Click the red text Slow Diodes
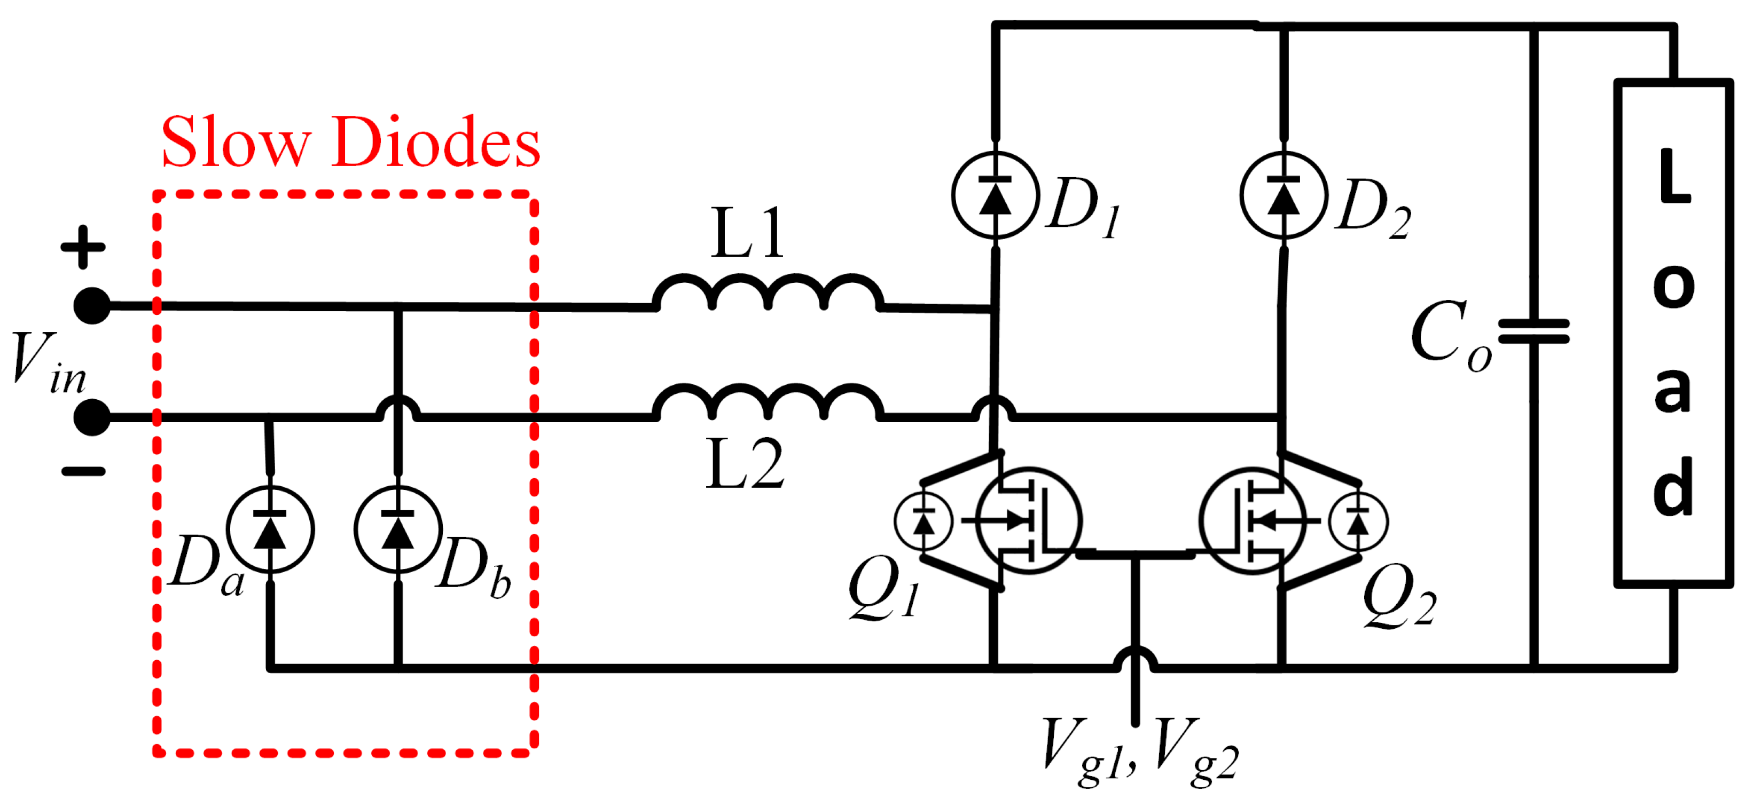[x=350, y=143]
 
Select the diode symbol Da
[x=270, y=529]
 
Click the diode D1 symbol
[x=995, y=195]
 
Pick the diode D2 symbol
[x=1284, y=195]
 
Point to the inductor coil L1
[x=768, y=294]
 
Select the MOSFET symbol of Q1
[x=1028, y=521]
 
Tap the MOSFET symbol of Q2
[x=1252, y=521]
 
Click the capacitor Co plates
[x=1534, y=332]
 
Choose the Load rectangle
[x=1673, y=333]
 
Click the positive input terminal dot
[x=92, y=306]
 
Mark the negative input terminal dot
[x=92, y=417]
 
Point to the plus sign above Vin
[x=83, y=247]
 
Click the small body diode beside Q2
[x=1358, y=522]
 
